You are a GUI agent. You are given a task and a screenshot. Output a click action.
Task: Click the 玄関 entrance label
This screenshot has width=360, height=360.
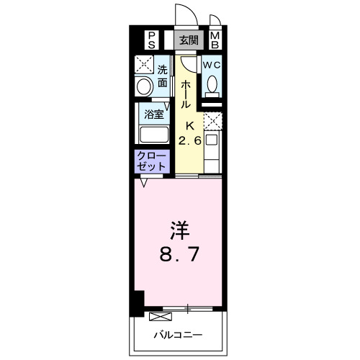click(x=189, y=40)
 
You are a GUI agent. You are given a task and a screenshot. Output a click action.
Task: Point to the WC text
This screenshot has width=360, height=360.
click(x=211, y=64)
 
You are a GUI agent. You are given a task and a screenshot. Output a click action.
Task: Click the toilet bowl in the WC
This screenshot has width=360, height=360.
click(x=211, y=86)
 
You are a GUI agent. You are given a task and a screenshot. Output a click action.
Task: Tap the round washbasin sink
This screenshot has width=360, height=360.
click(x=144, y=87)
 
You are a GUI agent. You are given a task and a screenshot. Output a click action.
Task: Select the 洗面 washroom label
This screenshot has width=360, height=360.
click(x=163, y=76)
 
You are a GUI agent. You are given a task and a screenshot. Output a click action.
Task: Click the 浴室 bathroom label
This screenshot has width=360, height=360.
click(x=153, y=114)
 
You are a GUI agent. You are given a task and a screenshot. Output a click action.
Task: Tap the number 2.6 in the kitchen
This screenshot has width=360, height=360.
click(x=190, y=140)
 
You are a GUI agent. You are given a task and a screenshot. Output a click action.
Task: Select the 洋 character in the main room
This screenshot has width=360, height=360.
click(x=180, y=232)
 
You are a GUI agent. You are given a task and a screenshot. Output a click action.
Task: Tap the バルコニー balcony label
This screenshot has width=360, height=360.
click(x=178, y=334)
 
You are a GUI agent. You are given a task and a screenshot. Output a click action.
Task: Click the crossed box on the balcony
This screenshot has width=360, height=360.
click(x=156, y=315)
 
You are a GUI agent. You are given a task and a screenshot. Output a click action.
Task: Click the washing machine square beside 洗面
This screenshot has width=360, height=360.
click(x=144, y=64)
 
